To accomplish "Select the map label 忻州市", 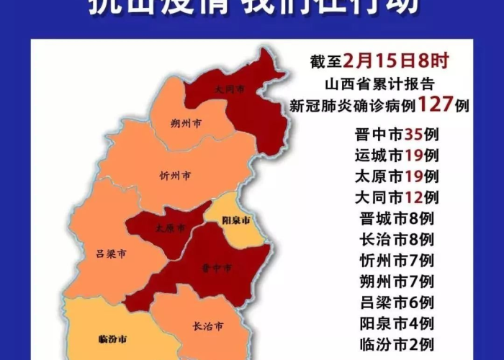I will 176,175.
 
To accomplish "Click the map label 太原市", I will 170,228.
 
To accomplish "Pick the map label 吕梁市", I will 111,254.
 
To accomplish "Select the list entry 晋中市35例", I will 397,134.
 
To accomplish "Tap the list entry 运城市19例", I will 397,155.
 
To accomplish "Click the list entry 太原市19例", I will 397,176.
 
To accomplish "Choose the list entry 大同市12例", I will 397,197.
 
